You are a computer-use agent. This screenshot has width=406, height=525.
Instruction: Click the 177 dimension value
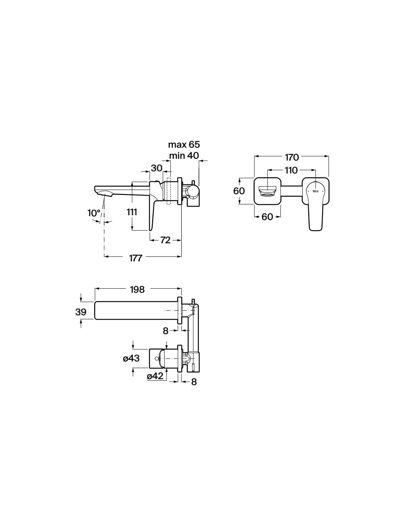[135, 258]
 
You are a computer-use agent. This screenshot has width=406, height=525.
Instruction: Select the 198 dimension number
[137, 289]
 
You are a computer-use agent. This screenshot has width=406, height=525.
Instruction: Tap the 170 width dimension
[292, 158]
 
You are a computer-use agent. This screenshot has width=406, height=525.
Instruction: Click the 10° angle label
[94, 213]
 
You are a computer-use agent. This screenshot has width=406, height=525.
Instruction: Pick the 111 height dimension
[132, 212]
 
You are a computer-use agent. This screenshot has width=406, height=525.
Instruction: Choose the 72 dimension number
[165, 240]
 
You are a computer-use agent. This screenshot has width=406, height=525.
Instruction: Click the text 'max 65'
[184, 144]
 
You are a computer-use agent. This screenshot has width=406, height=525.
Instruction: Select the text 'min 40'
[184, 155]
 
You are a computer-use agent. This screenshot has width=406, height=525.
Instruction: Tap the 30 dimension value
[156, 168]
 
